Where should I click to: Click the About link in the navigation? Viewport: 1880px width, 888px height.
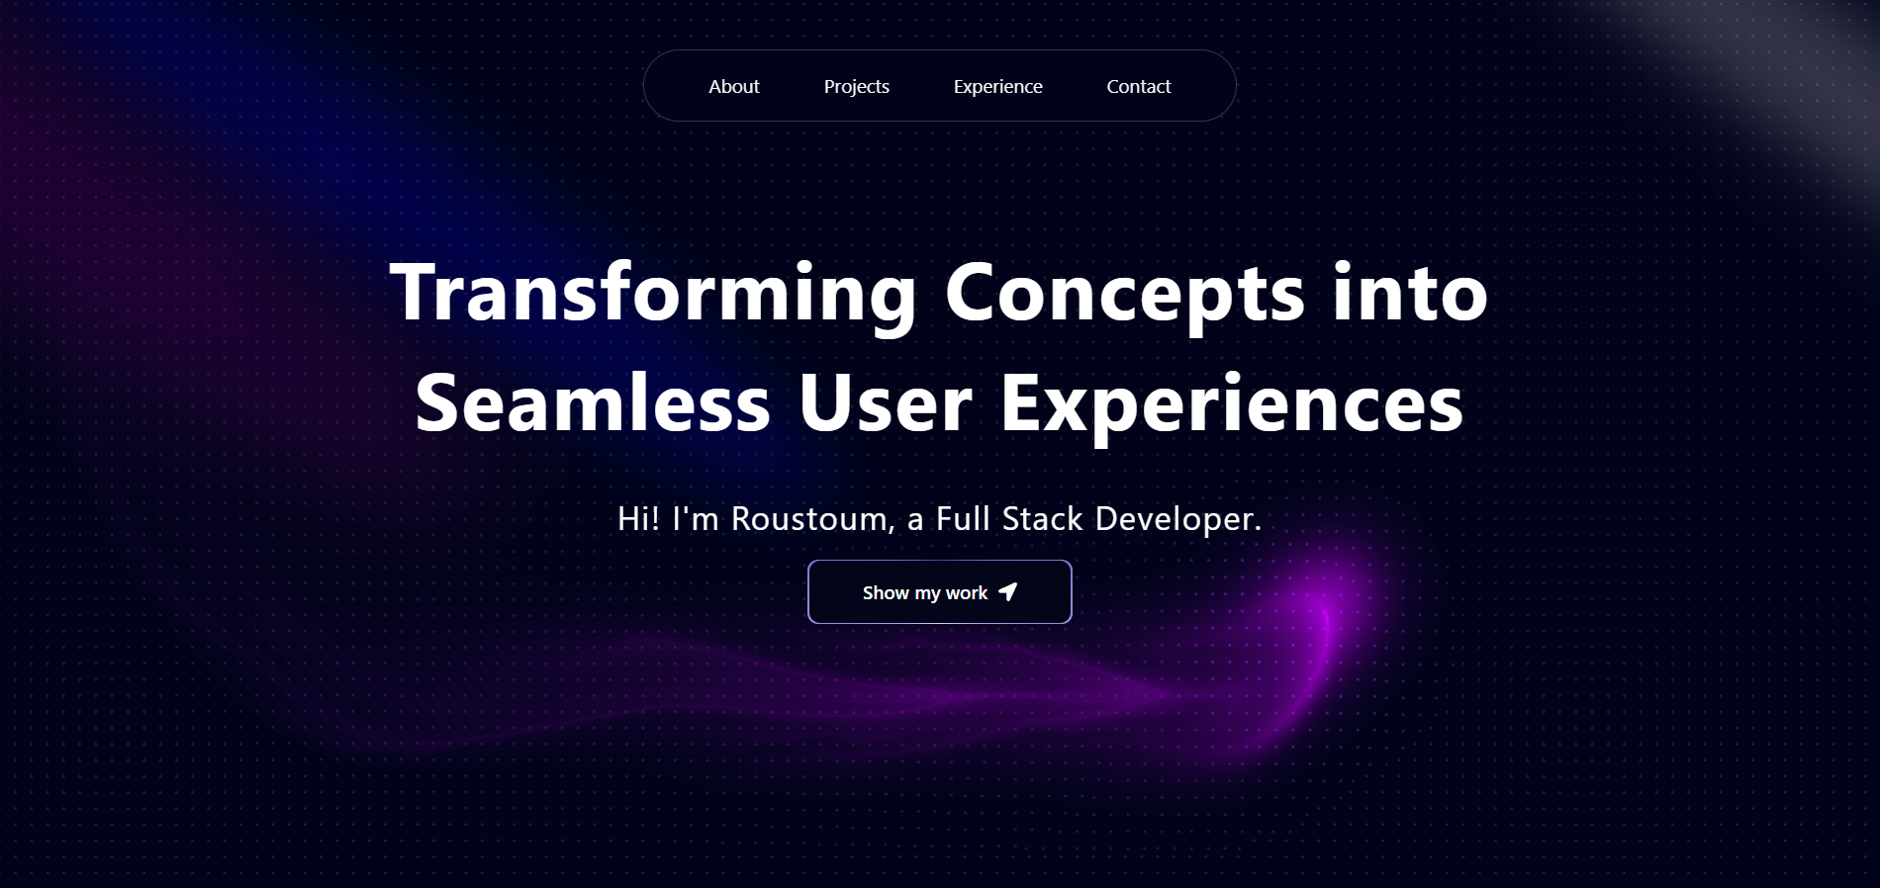coord(733,86)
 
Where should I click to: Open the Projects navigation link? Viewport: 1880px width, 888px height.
coord(856,87)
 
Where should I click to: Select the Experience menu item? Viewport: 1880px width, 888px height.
coord(997,87)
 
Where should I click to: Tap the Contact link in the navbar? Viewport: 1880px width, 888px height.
coord(1138,86)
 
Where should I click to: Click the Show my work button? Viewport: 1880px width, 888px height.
coord(939,591)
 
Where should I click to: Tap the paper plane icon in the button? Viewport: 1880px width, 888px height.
coord(1007,591)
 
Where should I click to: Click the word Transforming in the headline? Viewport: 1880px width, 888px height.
coord(654,294)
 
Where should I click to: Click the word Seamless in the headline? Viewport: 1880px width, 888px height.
coord(593,402)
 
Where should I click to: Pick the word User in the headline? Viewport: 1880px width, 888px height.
coord(886,402)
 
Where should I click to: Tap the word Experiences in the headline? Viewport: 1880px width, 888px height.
coord(1232,405)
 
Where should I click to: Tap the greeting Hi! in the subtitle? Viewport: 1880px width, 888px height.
coord(638,519)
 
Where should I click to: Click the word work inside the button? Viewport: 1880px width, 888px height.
coord(967,592)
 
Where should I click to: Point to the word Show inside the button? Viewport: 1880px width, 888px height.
coord(886,592)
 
